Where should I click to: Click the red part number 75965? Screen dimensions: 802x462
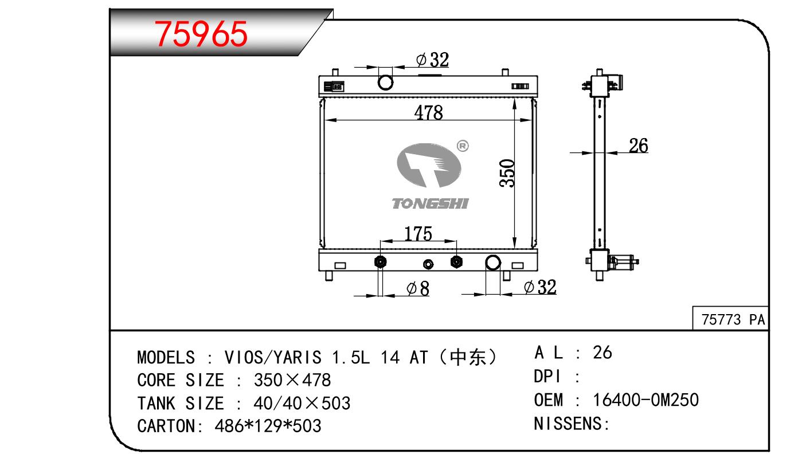coord(201,34)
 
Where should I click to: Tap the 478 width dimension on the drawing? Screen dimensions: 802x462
coord(429,112)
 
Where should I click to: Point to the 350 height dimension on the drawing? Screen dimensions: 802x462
coord(507,173)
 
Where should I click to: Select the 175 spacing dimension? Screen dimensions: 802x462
coord(418,233)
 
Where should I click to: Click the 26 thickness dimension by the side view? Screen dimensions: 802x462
coord(639,146)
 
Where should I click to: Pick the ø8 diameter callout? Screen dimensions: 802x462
coord(418,288)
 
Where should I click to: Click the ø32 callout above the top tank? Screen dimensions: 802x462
coord(432,60)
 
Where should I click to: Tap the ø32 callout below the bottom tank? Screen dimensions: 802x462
coord(540,287)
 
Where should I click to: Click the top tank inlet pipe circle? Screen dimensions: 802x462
coord(385,83)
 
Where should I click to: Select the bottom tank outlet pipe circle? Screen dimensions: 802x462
coord(493,263)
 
